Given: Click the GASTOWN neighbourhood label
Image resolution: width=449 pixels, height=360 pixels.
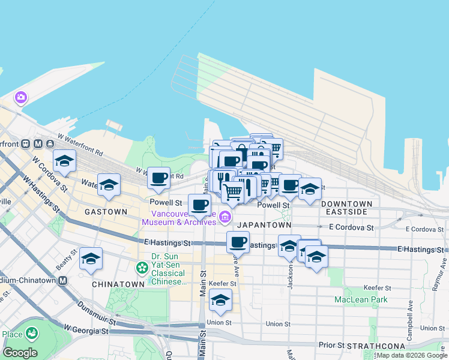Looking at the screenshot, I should (x=106, y=212).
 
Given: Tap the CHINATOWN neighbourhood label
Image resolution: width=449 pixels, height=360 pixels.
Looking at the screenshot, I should (x=118, y=284).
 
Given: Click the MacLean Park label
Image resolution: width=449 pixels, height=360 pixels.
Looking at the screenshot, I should (x=361, y=299).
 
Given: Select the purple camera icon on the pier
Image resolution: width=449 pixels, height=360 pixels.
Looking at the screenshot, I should (x=21, y=97).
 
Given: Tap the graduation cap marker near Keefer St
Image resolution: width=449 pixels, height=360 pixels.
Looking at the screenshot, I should (x=220, y=300).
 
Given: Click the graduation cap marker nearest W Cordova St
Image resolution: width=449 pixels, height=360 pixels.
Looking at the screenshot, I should (x=64, y=160).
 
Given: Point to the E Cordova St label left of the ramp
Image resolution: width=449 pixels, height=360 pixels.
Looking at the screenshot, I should (x=351, y=227).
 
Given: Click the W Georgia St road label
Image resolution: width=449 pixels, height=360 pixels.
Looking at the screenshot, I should (x=88, y=330).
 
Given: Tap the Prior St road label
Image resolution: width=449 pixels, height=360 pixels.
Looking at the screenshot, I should (x=332, y=345).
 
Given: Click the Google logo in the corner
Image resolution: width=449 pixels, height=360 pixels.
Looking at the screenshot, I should (x=20, y=353).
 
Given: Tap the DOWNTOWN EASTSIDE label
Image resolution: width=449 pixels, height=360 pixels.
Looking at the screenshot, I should (x=347, y=208).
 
